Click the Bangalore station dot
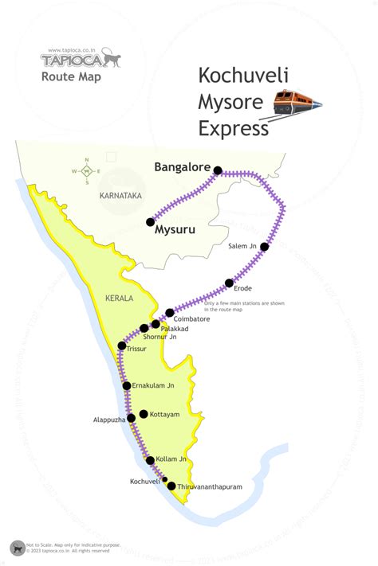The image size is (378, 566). tap(218, 170)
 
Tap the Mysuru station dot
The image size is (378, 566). tap(150, 222)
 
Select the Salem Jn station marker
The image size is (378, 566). tap(265, 247)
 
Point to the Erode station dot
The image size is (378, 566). tap(230, 283)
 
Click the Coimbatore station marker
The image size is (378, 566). tap(170, 313)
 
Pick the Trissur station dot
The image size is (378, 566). tap(121, 345)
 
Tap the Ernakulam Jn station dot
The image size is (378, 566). tap(126, 385)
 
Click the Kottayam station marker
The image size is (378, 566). tap(144, 414)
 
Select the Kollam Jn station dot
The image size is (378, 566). tap(150, 460)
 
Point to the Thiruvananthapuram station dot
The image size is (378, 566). tap(171, 486)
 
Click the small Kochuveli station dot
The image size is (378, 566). tap(164, 479)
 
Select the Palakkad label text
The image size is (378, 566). tap(175, 328)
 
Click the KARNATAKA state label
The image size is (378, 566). tap(120, 195)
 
